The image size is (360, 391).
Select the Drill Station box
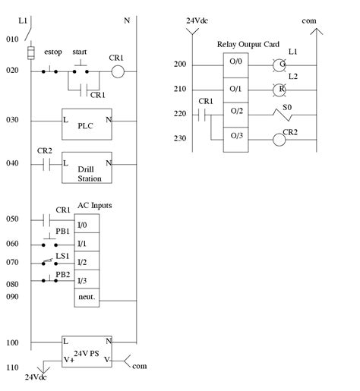pos(87,169)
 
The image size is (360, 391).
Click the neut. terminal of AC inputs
pos(85,298)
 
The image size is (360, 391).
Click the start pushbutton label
pos(80,52)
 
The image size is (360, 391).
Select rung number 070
pos(13,262)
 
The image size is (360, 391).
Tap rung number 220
pos(180,114)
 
